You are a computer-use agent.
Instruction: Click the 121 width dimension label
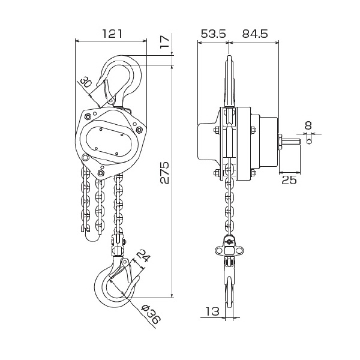(x=112, y=34)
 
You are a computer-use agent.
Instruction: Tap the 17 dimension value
(x=165, y=41)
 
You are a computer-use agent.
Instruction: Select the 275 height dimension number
(x=164, y=172)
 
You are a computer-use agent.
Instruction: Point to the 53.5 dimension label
(x=214, y=34)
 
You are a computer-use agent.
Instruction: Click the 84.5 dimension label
(x=254, y=34)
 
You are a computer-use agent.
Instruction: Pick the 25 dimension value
(x=289, y=180)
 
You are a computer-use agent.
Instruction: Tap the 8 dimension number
(x=308, y=125)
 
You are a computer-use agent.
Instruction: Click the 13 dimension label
(x=212, y=311)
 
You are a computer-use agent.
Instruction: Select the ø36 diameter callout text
(x=151, y=314)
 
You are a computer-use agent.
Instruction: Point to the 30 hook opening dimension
(x=86, y=82)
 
